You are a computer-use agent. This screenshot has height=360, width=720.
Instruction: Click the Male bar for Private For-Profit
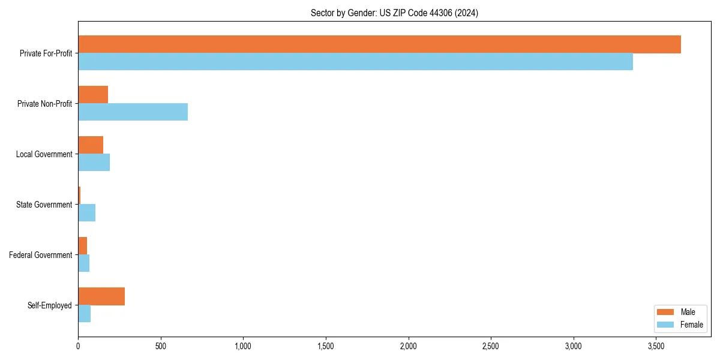[379, 44]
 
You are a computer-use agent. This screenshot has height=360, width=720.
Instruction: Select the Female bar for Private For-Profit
[355, 62]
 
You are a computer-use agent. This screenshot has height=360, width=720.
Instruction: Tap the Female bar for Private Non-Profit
[133, 112]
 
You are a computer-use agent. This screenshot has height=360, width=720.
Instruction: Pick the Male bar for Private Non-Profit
[93, 95]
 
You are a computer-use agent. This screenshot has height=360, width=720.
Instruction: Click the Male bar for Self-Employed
[101, 296]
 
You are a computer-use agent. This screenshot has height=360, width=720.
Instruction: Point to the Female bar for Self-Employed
[85, 314]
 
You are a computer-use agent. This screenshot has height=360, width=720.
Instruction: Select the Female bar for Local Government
[94, 163]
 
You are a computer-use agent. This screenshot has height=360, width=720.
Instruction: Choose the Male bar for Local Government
[91, 145]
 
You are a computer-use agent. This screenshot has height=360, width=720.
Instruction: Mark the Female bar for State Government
[87, 213]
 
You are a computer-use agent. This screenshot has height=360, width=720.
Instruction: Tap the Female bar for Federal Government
[84, 263]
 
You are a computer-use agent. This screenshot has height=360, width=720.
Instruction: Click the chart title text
[394, 13]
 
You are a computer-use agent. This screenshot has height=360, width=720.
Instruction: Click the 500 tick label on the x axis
[160, 347]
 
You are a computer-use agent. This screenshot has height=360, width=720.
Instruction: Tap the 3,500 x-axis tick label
[656, 347]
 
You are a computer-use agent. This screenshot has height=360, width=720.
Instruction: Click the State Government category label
[44, 205]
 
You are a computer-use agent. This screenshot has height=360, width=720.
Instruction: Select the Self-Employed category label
[49, 305]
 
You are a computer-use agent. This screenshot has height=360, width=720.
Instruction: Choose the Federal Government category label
[41, 255]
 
